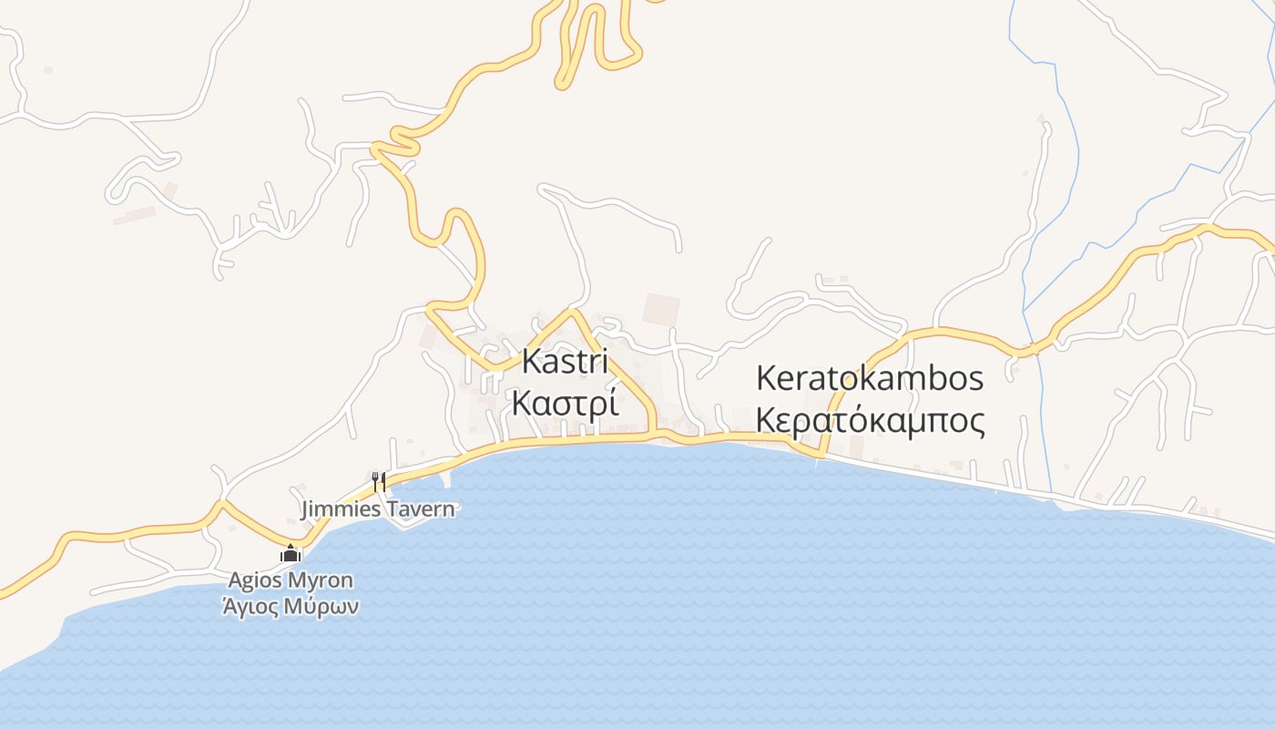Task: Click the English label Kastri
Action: tap(564, 362)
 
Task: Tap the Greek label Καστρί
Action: tap(565, 402)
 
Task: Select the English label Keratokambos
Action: tap(870, 378)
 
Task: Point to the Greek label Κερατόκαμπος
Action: tap(870, 421)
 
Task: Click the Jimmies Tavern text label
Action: tap(377, 509)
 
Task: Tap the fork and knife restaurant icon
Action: tap(379, 481)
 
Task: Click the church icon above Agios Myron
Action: tap(291, 553)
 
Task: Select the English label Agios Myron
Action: tap(291, 580)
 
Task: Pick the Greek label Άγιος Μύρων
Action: tap(291, 606)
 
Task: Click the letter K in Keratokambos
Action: tap(766, 378)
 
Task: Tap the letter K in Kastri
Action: tap(530, 362)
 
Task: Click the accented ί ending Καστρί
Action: tap(613, 402)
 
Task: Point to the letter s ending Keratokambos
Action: tap(975, 378)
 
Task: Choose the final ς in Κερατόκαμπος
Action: tap(977, 423)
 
